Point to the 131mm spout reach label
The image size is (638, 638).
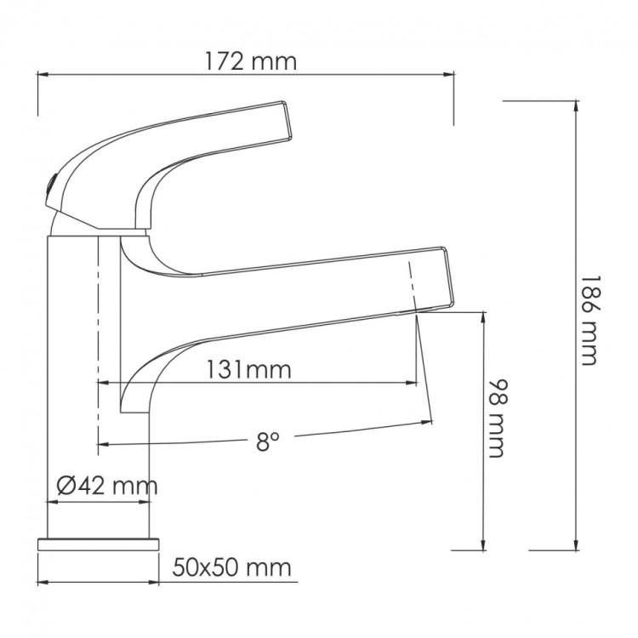tap(248, 369)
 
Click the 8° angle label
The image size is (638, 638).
tap(268, 441)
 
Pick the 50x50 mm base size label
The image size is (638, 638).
tap(231, 567)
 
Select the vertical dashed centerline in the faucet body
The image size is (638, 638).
tap(100, 340)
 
